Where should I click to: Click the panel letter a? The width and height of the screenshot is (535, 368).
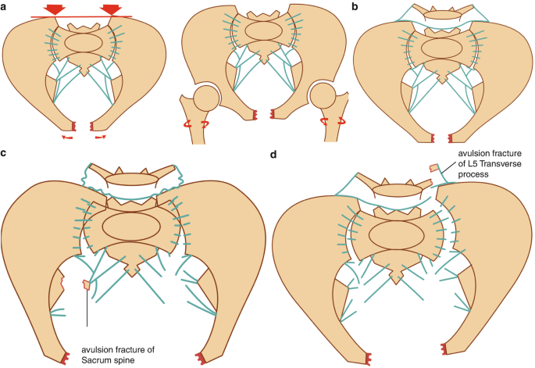pyautogui.click(x=5, y=6)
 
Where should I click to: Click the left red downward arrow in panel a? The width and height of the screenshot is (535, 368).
pyautogui.click(x=55, y=9)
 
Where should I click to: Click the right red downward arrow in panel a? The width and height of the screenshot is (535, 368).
pyautogui.click(x=112, y=9)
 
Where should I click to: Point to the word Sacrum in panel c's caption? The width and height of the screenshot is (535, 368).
pyautogui.click(x=101, y=361)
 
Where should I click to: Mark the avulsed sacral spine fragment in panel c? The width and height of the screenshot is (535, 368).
pyautogui.click(x=87, y=284)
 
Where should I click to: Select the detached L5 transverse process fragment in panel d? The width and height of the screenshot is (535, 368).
pyautogui.click(x=433, y=167)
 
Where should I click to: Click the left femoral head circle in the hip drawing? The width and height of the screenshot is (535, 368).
pyautogui.click(x=206, y=99)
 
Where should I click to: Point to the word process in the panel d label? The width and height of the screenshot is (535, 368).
pyautogui.click(x=476, y=175)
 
